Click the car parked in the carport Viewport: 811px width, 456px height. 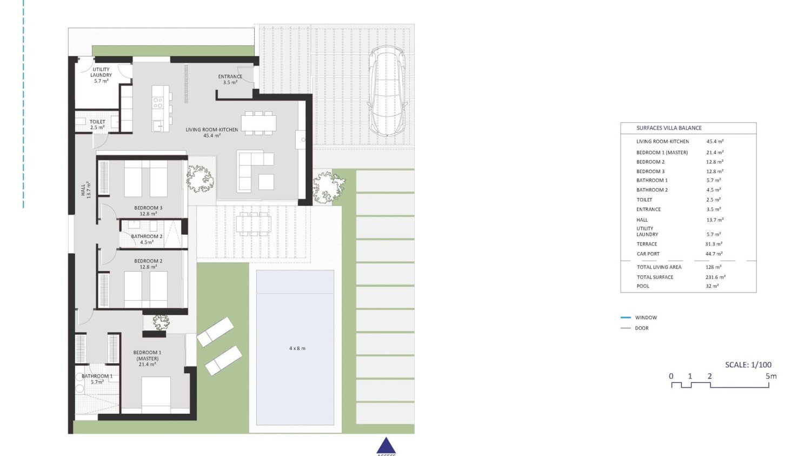tap(387, 90)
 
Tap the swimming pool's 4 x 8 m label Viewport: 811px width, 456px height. tap(297, 348)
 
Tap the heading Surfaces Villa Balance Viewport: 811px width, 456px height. tap(669, 128)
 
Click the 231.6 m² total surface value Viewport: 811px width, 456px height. tap(715, 277)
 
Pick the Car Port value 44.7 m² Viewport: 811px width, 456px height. tap(714, 254)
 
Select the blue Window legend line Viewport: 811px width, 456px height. tap(626, 318)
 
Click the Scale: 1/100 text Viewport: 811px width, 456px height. tap(748, 365)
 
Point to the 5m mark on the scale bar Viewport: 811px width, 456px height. tap(770, 376)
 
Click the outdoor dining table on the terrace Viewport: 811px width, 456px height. tap(252, 223)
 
